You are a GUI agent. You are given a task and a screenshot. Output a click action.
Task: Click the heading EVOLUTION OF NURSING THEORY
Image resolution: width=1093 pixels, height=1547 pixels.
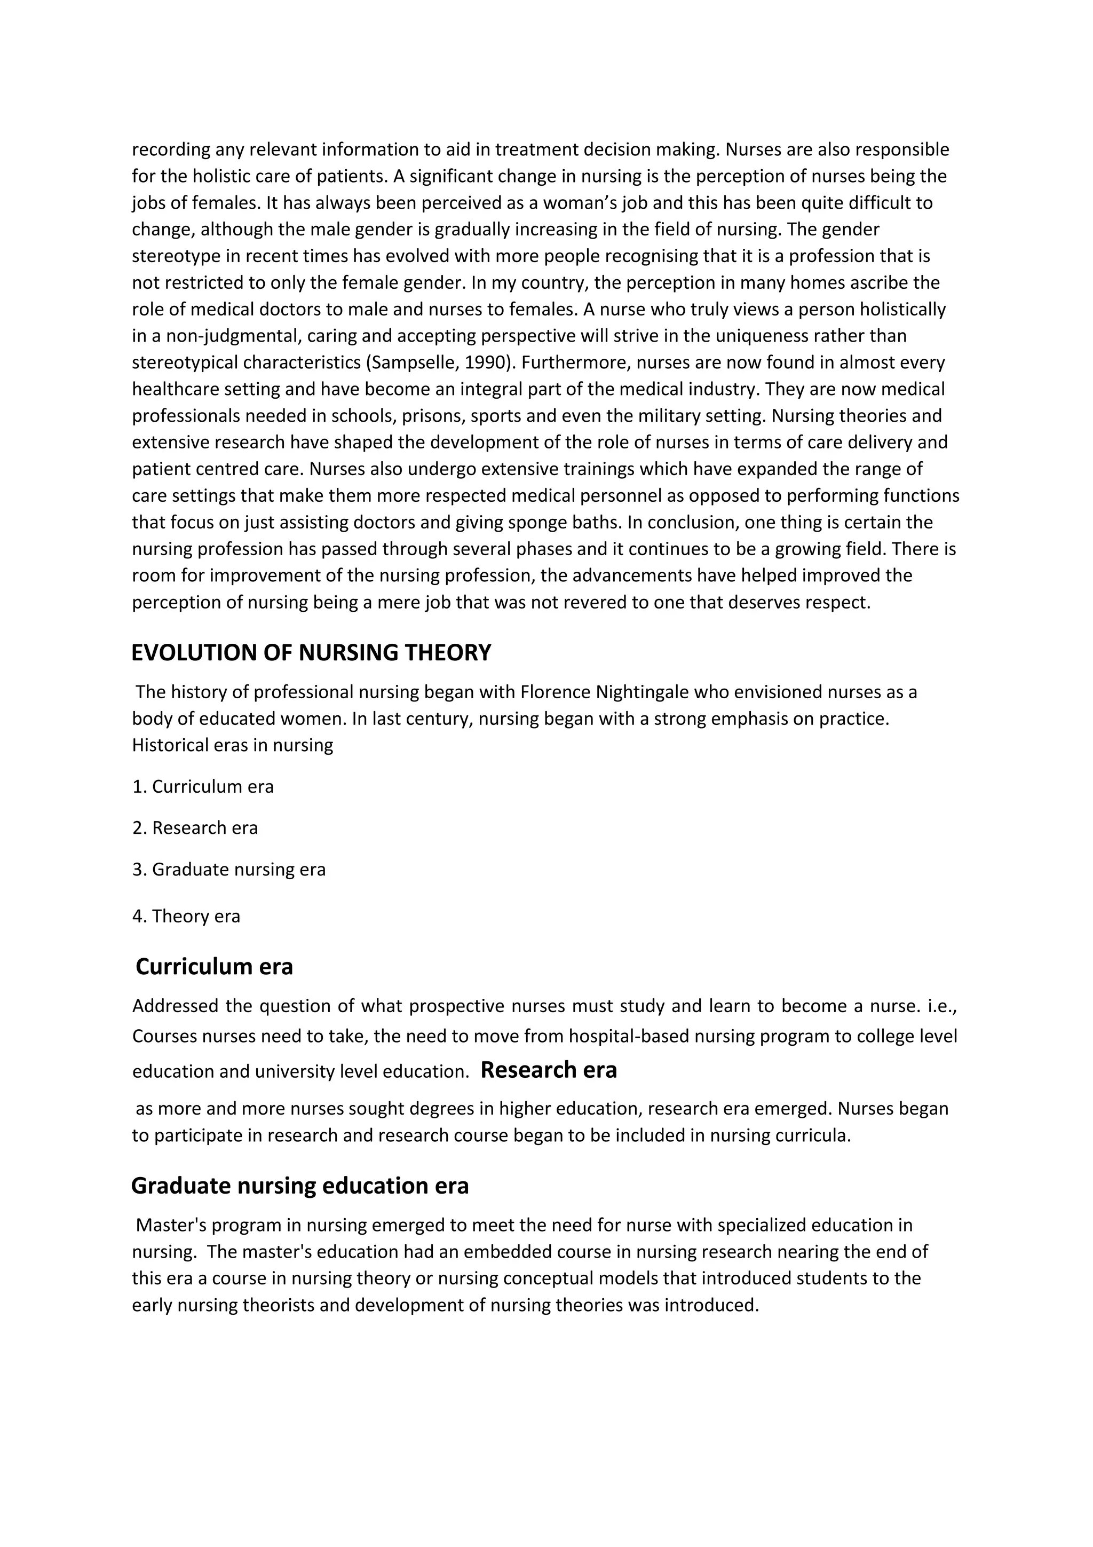click(311, 653)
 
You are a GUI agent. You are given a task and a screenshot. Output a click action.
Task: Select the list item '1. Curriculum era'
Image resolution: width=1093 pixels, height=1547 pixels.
click(203, 786)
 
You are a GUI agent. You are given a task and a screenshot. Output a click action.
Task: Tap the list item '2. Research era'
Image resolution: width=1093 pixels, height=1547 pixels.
click(195, 827)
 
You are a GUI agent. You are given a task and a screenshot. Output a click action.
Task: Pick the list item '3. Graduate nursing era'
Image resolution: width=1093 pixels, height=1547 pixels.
click(228, 869)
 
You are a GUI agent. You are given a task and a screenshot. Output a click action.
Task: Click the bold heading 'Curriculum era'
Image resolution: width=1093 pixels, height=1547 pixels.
click(214, 966)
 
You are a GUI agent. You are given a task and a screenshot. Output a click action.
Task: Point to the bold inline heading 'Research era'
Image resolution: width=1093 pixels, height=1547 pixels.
click(548, 1069)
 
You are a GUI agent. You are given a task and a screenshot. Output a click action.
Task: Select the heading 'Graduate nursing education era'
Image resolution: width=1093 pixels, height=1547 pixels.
click(300, 1185)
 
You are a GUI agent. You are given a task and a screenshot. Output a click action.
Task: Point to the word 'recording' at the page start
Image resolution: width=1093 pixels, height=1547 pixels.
click(170, 149)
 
